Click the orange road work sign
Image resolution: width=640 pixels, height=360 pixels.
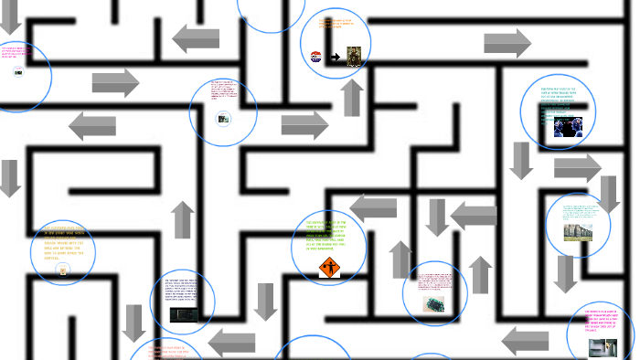[329, 268]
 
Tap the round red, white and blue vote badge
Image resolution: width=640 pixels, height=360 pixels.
[316, 57]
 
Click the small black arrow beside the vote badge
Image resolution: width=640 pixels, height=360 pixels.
[335, 57]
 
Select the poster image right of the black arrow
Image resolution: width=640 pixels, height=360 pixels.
[354, 55]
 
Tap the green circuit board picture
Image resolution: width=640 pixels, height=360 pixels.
[434, 303]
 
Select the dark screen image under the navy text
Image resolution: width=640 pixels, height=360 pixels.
[183, 314]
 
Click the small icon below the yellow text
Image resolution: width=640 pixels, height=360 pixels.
[62, 270]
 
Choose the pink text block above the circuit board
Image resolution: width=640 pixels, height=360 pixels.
[434, 281]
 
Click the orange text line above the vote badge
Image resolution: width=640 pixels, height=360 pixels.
[336, 23]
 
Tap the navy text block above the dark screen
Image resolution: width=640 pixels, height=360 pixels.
[182, 287]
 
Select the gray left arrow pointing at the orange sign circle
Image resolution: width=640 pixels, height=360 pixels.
[373, 209]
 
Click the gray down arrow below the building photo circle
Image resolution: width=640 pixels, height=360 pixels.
[565, 273]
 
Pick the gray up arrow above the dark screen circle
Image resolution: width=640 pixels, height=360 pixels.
[183, 219]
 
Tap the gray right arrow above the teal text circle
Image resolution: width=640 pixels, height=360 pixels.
[507, 43]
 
